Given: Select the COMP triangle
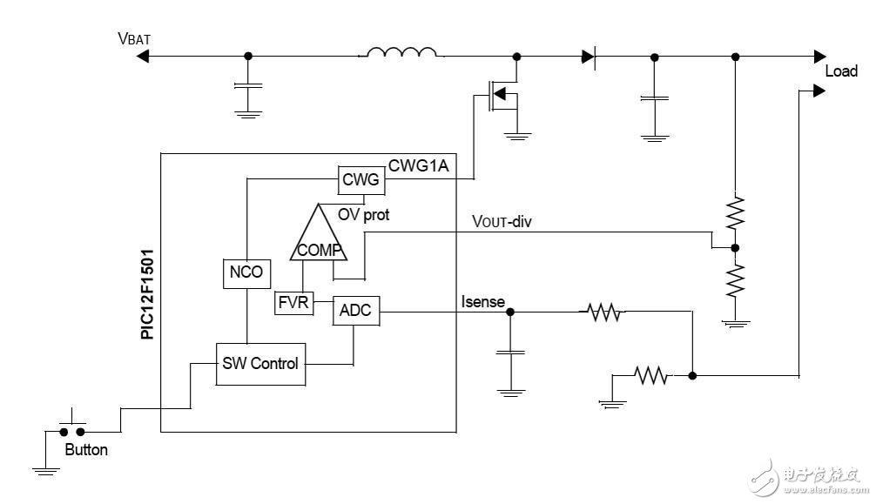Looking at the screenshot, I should [x=317, y=240].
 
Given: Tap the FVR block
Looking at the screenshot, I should [x=292, y=304].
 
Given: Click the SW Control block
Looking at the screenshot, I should [x=261, y=363].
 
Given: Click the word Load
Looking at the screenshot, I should [x=841, y=71].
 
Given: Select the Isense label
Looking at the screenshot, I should [x=482, y=301].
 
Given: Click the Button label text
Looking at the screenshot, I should [x=86, y=450].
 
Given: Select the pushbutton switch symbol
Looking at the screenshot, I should [x=71, y=427].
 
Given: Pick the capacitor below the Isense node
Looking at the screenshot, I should [x=509, y=352].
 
